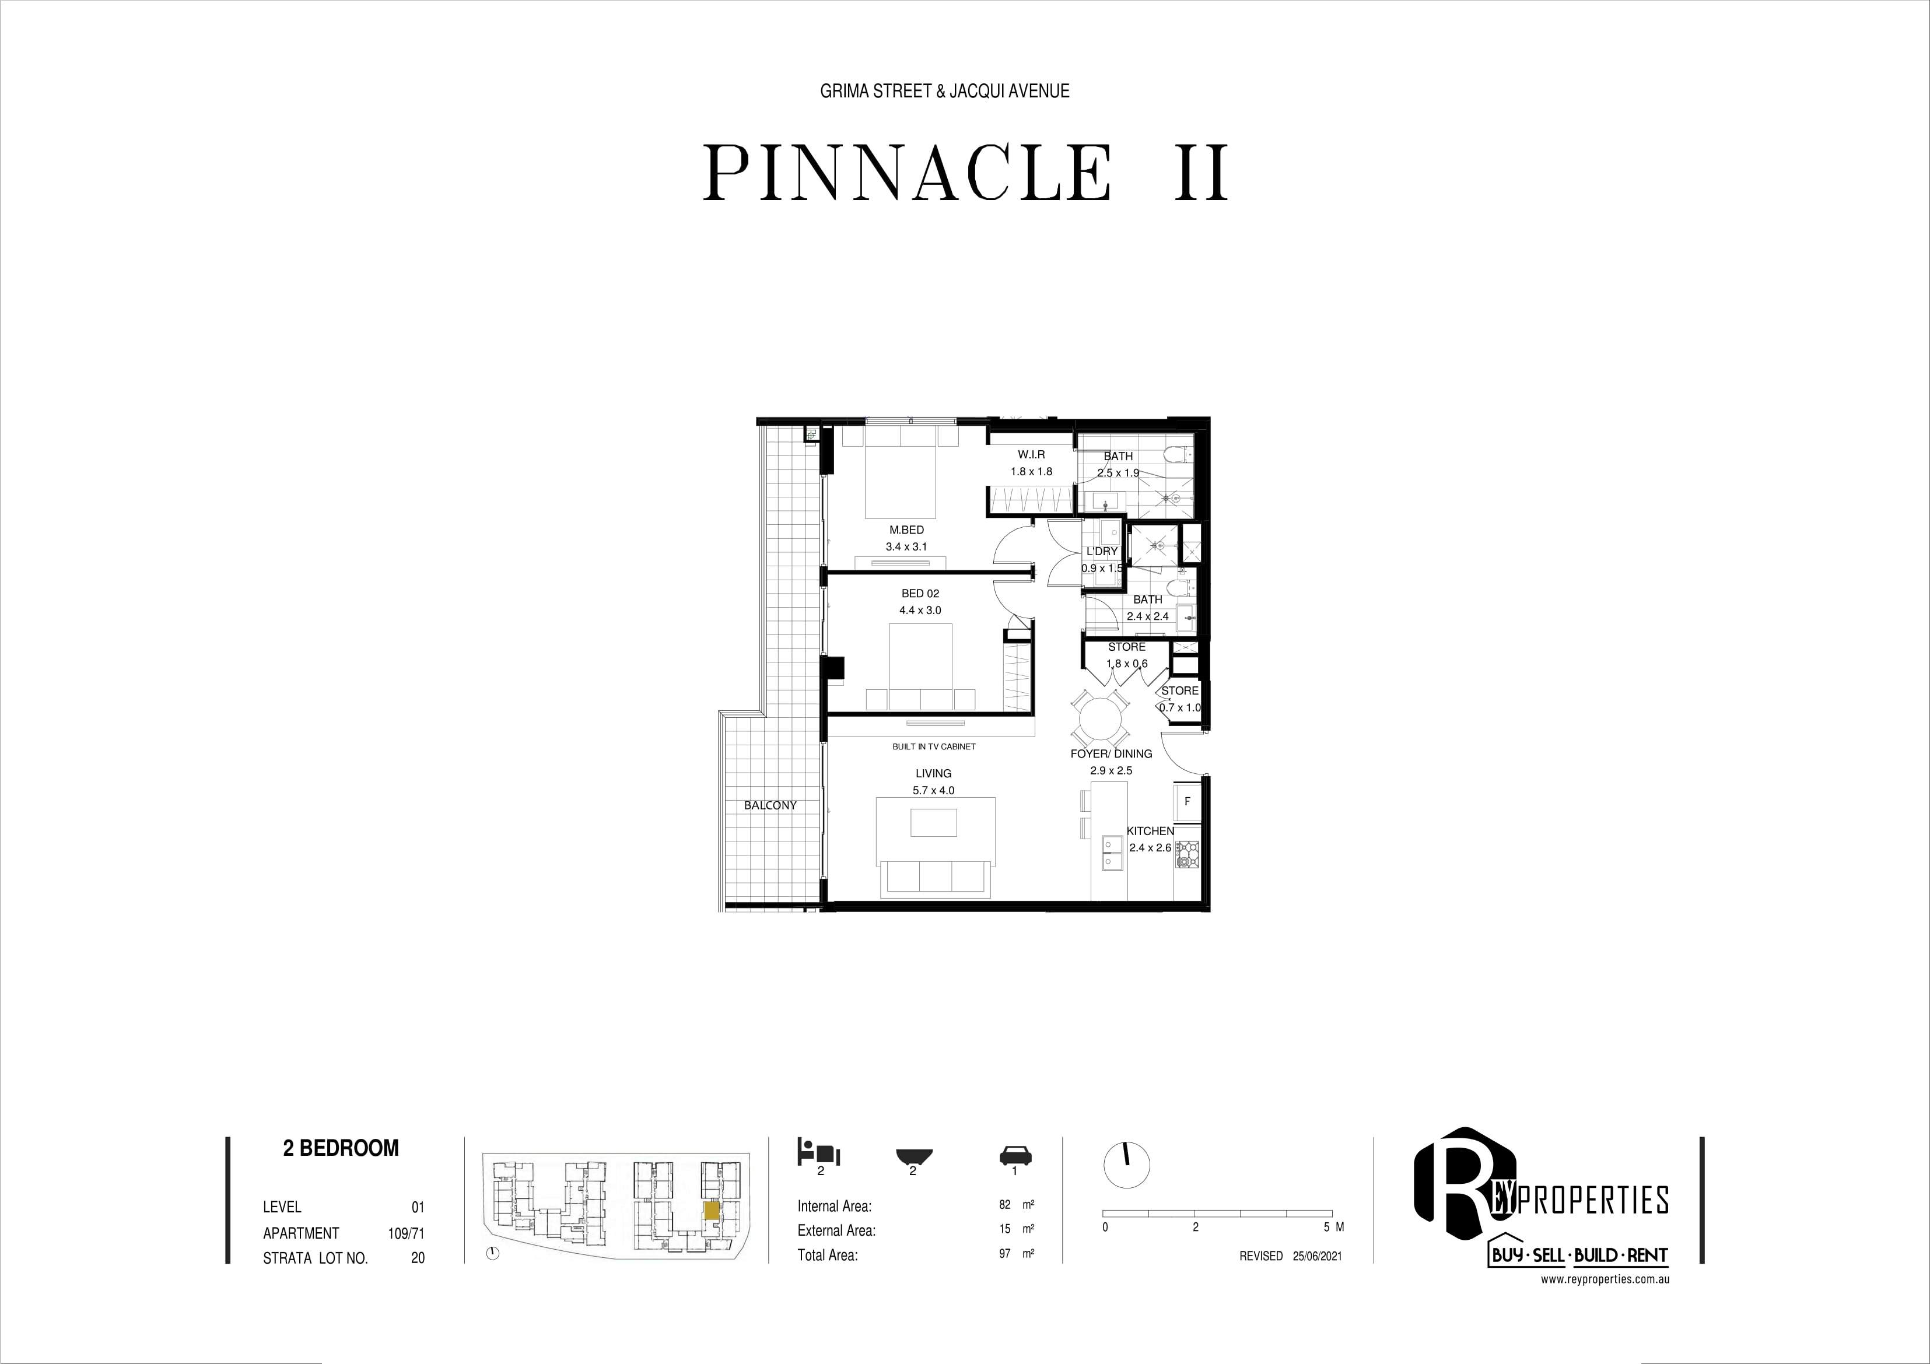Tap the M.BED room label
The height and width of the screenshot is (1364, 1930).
coord(906,530)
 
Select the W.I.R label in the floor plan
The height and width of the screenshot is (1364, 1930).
coord(1031,455)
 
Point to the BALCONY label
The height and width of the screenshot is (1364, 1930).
coord(770,805)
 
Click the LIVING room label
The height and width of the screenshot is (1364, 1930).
coord(933,773)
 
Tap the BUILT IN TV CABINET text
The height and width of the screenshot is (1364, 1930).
coord(934,746)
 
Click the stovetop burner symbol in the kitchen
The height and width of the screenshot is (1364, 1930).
coord(1189,855)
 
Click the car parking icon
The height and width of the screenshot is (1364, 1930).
coord(1015,1156)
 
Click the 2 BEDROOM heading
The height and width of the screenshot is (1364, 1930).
coord(341,1148)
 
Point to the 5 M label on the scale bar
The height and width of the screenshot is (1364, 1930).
coord(1333,1227)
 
